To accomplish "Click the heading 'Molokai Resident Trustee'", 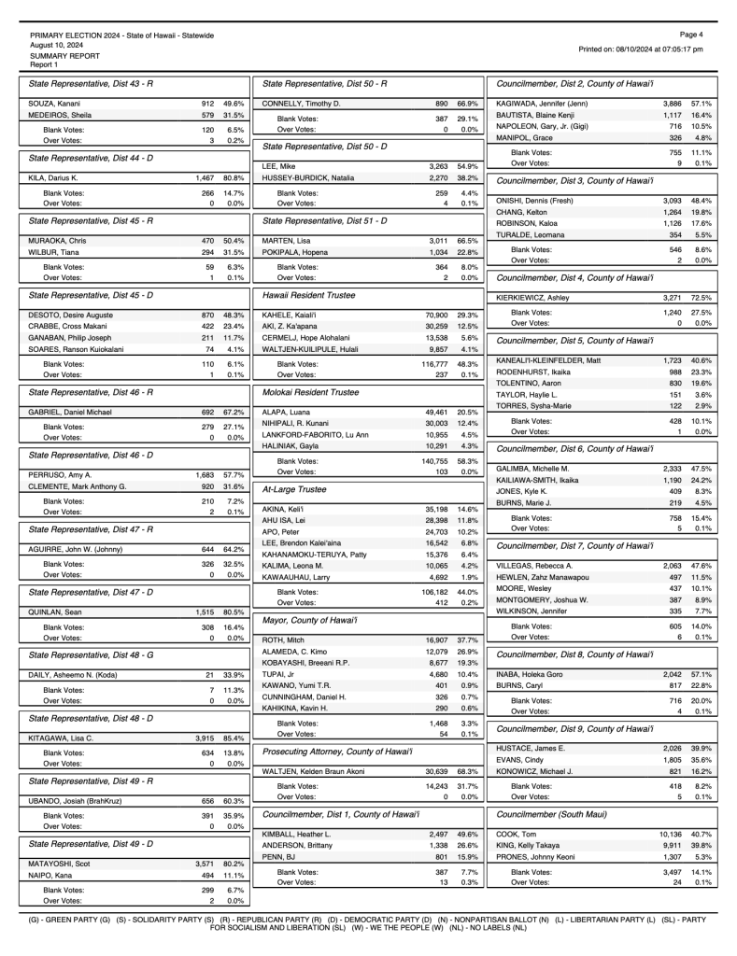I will point(311,393).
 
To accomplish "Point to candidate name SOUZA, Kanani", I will point(47,103).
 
